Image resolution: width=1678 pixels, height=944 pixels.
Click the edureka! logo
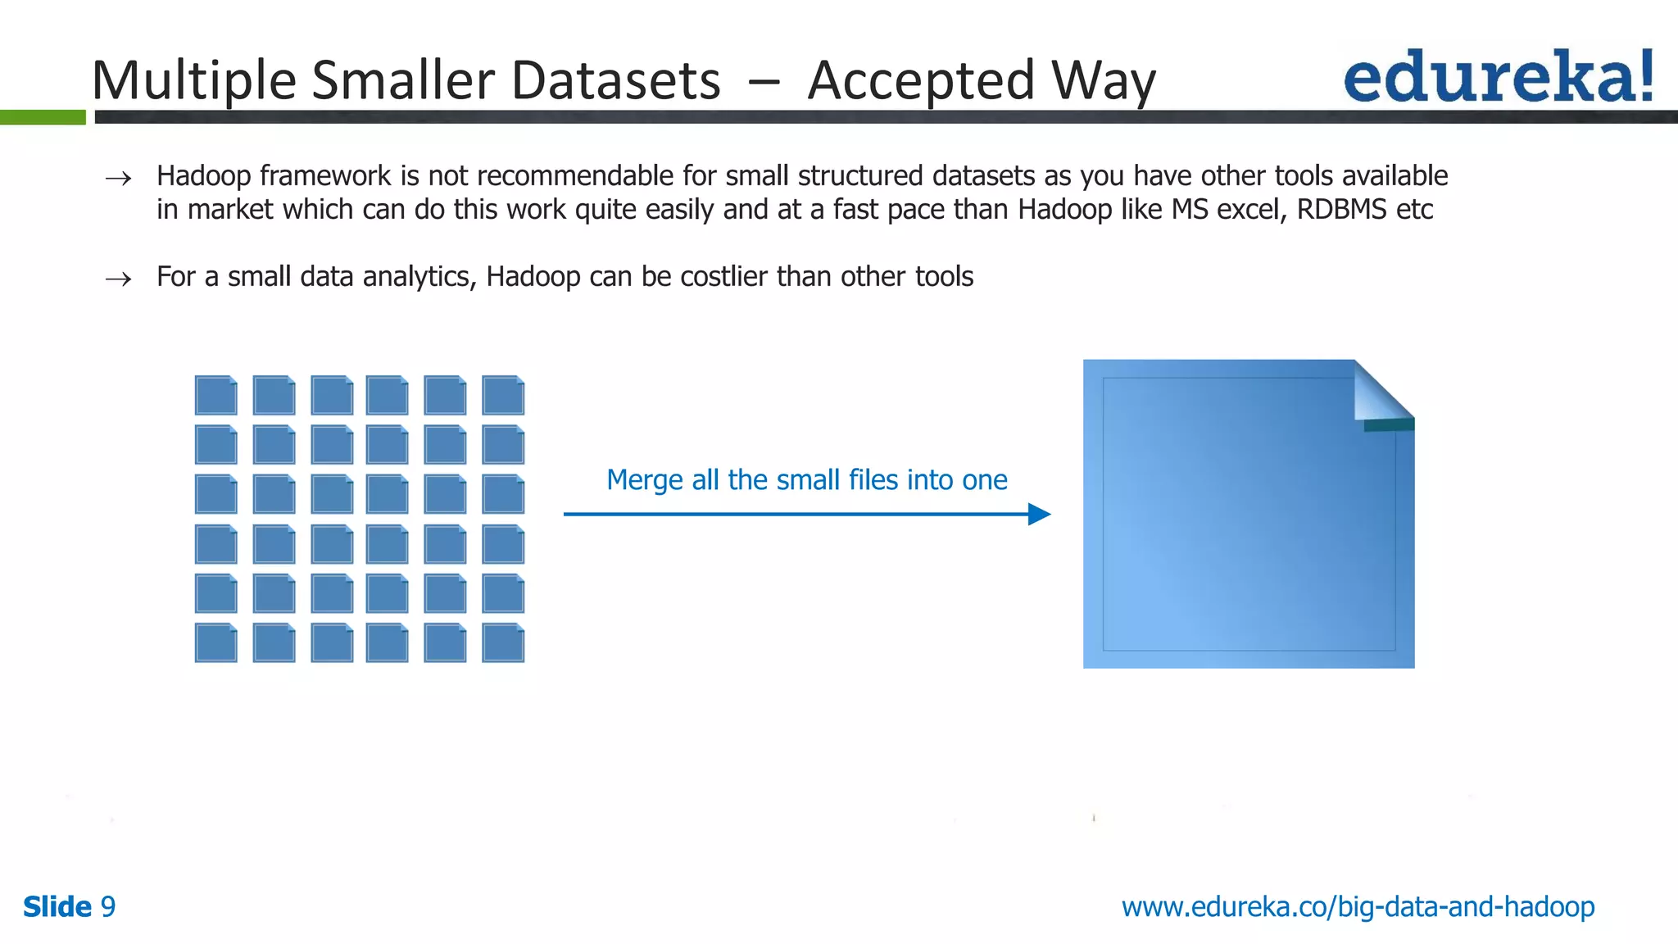[1498, 76]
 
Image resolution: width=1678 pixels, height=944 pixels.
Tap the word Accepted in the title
[921, 80]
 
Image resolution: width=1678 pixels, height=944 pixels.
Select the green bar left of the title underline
[43, 117]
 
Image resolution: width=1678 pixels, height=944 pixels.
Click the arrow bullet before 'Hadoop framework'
[119, 179]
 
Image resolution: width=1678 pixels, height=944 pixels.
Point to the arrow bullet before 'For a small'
[119, 279]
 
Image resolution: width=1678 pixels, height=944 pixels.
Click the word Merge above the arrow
[644, 480]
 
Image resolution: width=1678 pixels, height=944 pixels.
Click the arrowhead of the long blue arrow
[1039, 514]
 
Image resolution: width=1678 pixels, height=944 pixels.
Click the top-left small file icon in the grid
[216, 395]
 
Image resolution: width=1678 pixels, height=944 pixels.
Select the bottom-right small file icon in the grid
[503, 642]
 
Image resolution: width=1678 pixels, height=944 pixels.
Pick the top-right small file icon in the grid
[503, 395]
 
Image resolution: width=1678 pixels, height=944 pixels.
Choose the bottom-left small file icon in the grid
[216, 642]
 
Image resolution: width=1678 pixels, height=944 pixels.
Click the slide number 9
[107, 907]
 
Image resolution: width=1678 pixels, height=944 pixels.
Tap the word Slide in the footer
[57, 907]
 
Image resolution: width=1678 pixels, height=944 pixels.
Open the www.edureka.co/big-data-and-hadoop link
[1358, 907]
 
